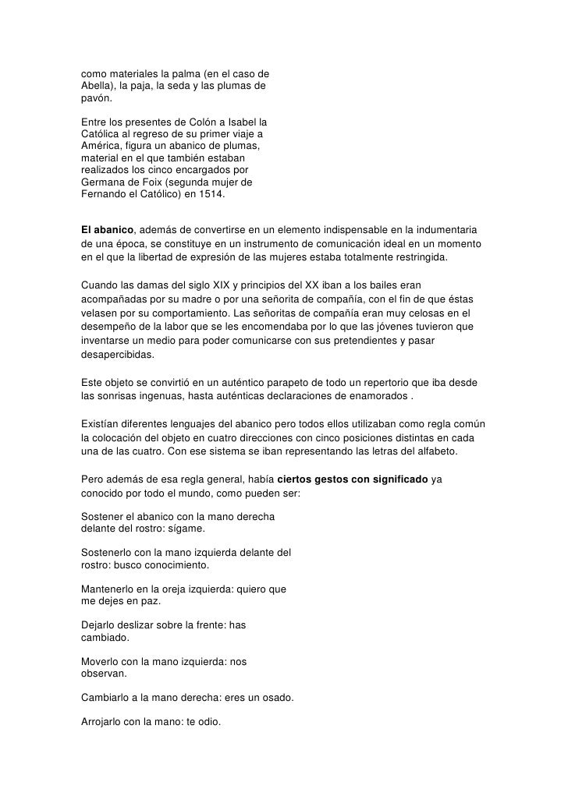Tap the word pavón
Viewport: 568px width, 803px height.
tap(96, 99)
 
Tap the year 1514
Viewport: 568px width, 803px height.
tap(209, 194)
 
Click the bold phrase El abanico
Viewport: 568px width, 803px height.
tap(108, 230)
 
